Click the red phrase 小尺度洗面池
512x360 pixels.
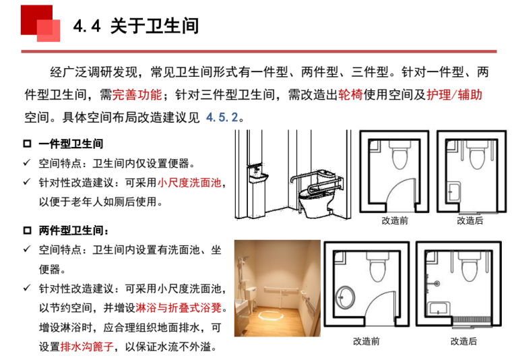189,183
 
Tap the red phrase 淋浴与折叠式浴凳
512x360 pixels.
177,307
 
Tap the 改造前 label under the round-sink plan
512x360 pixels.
366,341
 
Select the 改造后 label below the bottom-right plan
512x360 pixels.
463,341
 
